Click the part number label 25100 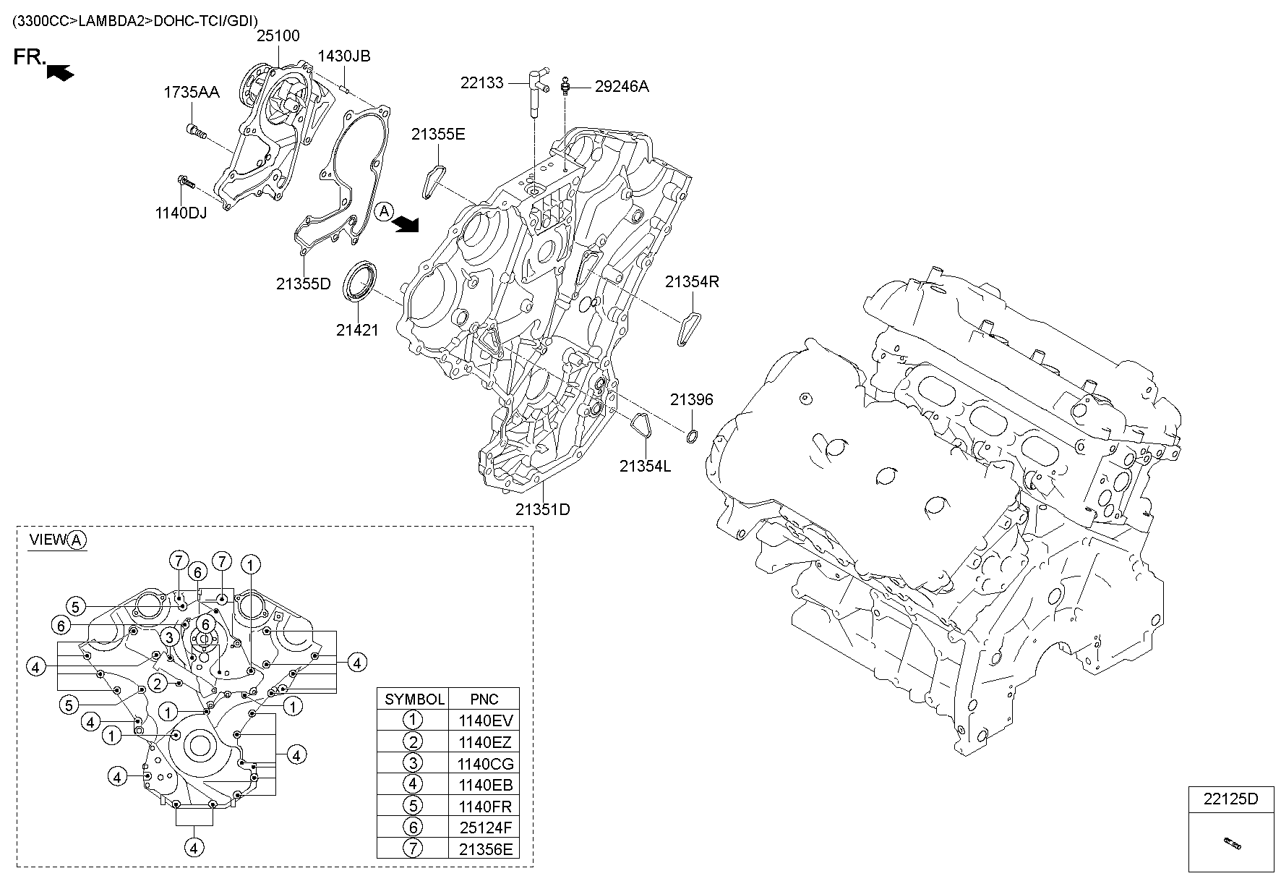[x=278, y=35]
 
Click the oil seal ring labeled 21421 [x=359, y=282]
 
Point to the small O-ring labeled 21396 [x=691, y=435]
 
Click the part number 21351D [x=542, y=509]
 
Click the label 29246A [x=622, y=87]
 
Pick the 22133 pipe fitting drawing [x=536, y=90]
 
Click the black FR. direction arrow [x=59, y=72]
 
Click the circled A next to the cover [x=384, y=211]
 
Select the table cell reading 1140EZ [x=484, y=741]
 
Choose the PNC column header [x=484, y=699]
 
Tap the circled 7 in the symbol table [x=412, y=849]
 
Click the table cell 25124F [x=484, y=828]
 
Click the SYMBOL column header [x=414, y=699]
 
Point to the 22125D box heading [x=1230, y=799]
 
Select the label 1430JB [x=344, y=56]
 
